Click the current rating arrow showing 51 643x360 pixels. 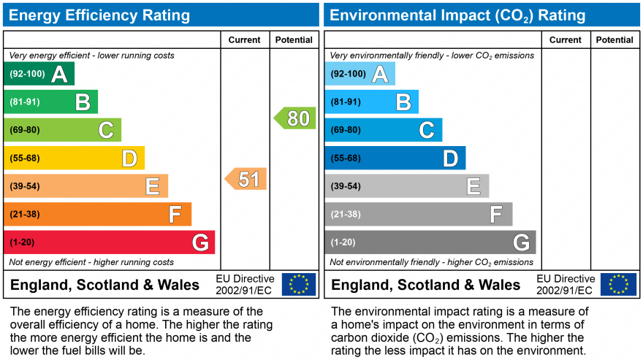click(246, 179)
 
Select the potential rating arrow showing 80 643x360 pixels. click(296, 118)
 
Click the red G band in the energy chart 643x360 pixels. click(109, 242)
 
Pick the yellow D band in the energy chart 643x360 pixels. click(74, 158)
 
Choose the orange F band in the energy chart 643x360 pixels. click(97, 215)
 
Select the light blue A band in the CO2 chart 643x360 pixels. click(359, 74)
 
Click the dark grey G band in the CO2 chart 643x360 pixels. click(430, 242)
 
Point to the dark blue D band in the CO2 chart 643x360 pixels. click(395, 158)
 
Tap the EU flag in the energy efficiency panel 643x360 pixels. click(299, 284)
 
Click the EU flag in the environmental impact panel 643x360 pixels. click(618, 284)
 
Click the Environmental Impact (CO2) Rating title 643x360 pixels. click(457, 15)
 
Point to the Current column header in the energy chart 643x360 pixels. click(245, 40)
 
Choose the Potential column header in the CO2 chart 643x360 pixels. click(615, 40)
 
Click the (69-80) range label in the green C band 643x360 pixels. click(25, 130)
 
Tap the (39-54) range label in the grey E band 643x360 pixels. click(346, 186)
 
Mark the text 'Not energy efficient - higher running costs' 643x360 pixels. click(91, 262)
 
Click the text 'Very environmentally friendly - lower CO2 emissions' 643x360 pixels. click(432, 55)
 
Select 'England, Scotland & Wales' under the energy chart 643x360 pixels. click(104, 285)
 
